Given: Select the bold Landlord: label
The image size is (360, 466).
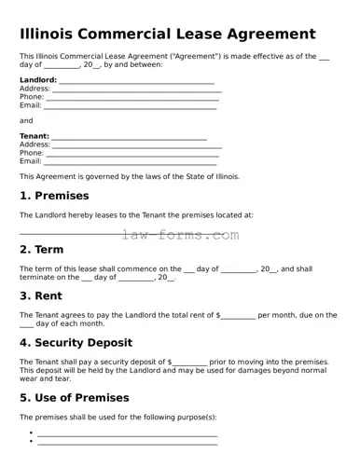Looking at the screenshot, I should tap(38, 80).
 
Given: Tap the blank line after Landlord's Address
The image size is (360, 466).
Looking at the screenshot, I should tap(136, 89).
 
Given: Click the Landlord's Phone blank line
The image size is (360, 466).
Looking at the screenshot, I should tap(132, 97).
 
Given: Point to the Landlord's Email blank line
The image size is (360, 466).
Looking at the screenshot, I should tap(131, 105).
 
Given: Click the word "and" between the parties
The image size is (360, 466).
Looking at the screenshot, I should tap(26, 120).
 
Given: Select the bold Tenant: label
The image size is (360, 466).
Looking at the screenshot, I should tap(35, 136).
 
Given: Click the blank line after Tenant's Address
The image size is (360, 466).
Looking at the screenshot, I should tap(136, 144).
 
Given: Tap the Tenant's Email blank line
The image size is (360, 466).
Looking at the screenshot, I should tap(131, 161).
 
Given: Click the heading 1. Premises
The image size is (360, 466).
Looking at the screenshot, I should tap(55, 196).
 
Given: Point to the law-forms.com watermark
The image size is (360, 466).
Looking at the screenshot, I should tap(181, 235).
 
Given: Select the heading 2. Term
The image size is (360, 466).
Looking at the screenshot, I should tap(41, 250).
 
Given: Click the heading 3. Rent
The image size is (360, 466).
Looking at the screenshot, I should tap(43, 295).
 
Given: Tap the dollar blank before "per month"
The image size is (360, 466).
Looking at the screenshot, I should tap(238, 316).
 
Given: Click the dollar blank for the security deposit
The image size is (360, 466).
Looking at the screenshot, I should tap(190, 362).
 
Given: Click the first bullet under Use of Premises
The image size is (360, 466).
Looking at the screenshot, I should tap(32, 433).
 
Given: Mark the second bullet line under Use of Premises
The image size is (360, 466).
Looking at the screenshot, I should tap(127, 442).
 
